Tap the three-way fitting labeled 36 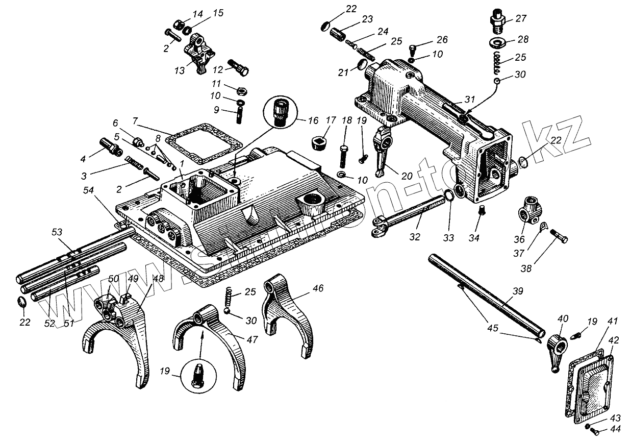(528, 209)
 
